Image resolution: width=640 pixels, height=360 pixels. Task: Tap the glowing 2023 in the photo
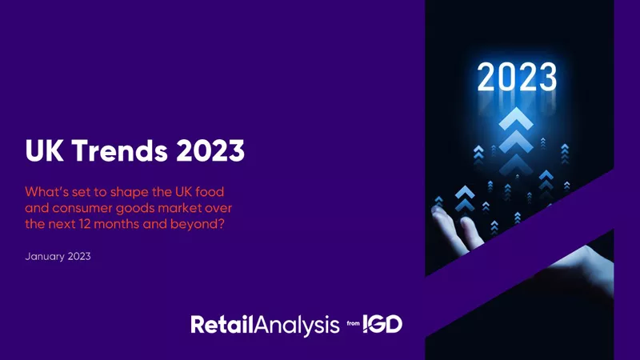pyautogui.click(x=516, y=78)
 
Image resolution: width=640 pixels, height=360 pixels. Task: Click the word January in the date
pyautogui.click(x=49, y=258)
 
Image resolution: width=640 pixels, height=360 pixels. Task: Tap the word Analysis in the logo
pyautogui.click(x=296, y=325)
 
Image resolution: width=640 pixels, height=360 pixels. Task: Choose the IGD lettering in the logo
pyautogui.click(x=382, y=324)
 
